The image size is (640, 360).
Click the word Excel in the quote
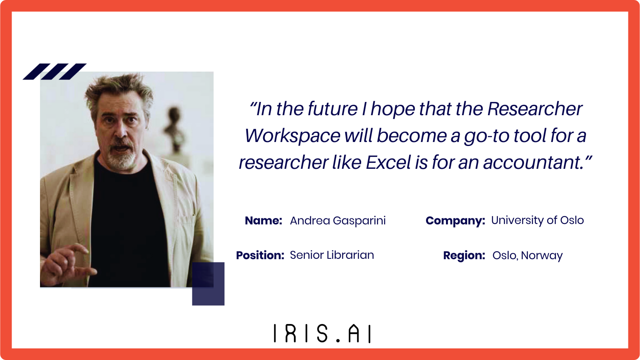pyautogui.click(x=388, y=162)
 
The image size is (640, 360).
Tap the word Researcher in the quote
pyautogui.click(x=534, y=108)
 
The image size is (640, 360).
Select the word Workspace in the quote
pyautogui.click(x=292, y=136)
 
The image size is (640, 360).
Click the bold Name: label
pyautogui.click(x=264, y=220)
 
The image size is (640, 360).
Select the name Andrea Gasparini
pyautogui.click(x=338, y=220)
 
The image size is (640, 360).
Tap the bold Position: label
pyautogui.click(x=260, y=255)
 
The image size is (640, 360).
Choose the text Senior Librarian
pyautogui.click(x=332, y=255)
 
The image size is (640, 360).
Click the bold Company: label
pyautogui.click(x=456, y=221)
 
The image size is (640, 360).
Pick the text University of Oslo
pyautogui.click(x=538, y=220)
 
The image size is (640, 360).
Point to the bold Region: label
pyautogui.click(x=464, y=256)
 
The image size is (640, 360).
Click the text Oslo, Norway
pyautogui.click(x=528, y=256)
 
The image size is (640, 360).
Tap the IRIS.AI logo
pyautogui.click(x=322, y=333)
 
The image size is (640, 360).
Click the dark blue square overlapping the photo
pyautogui.click(x=208, y=284)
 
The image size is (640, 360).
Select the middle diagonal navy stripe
pyautogui.click(x=54, y=72)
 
